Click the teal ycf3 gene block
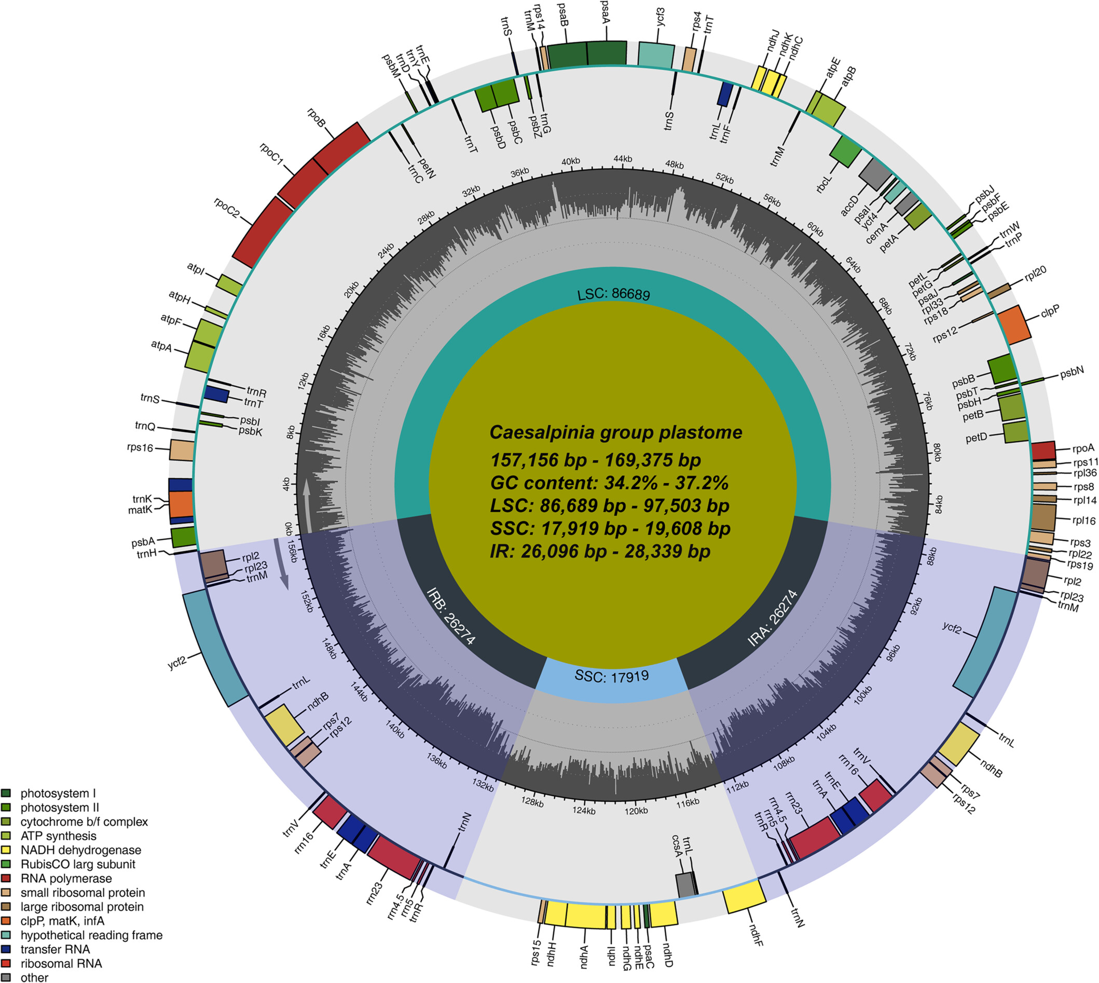656,56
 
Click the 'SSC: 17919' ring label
611,676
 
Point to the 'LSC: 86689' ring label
613,295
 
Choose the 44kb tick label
623,159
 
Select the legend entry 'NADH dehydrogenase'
80,850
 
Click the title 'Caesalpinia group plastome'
615,433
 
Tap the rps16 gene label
140,447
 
